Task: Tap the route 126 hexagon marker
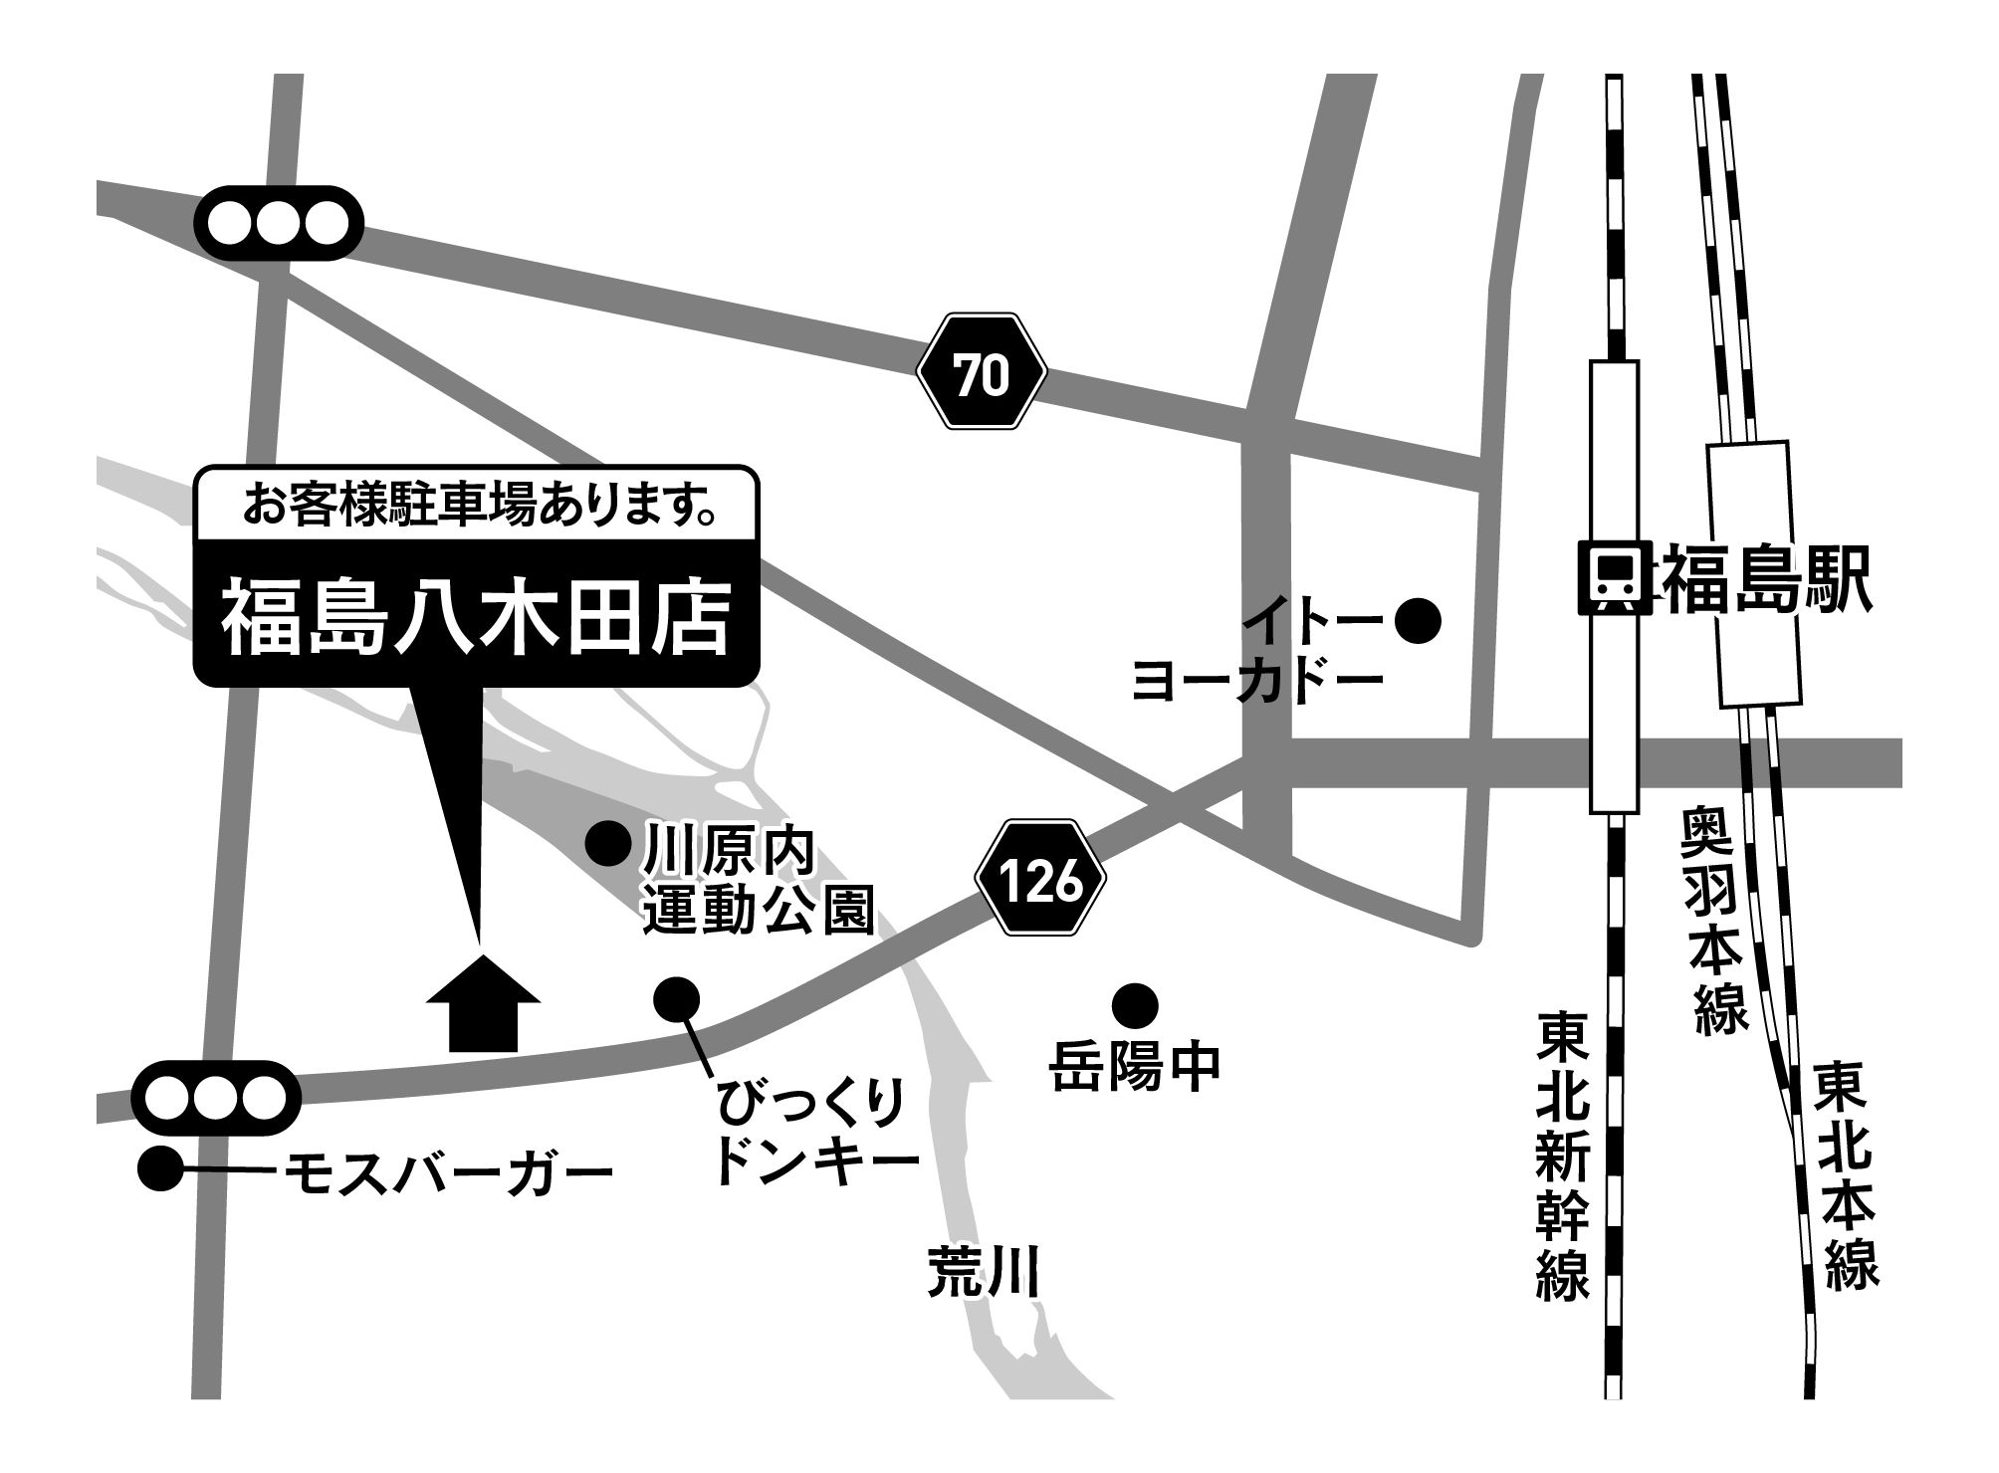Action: coord(1040,880)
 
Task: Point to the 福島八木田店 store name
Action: coord(476,620)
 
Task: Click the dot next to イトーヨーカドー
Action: coord(1418,621)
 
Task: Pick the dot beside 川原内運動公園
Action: coord(607,845)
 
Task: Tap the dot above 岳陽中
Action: coord(1135,1005)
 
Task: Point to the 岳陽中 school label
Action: coord(1135,1069)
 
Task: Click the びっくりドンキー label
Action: coord(816,1135)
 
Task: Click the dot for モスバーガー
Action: coord(160,1168)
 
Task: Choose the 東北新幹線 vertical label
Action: coord(1563,1155)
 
